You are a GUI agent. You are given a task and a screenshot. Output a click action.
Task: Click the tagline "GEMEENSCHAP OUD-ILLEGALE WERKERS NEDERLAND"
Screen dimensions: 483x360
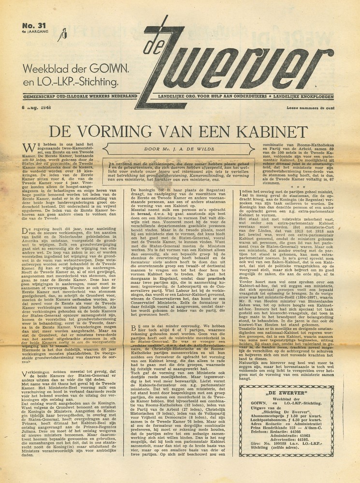click(67, 98)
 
